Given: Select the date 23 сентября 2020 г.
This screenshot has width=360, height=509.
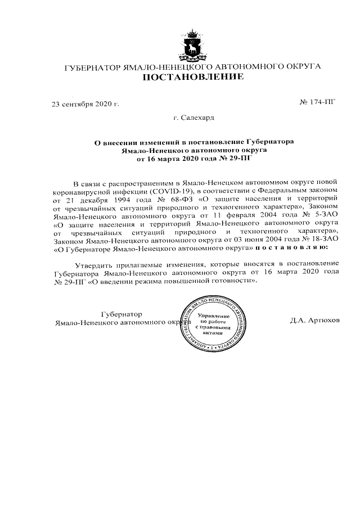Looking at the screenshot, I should (x=85, y=105).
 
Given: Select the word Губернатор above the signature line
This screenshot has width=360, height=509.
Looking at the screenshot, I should (x=121, y=314).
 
